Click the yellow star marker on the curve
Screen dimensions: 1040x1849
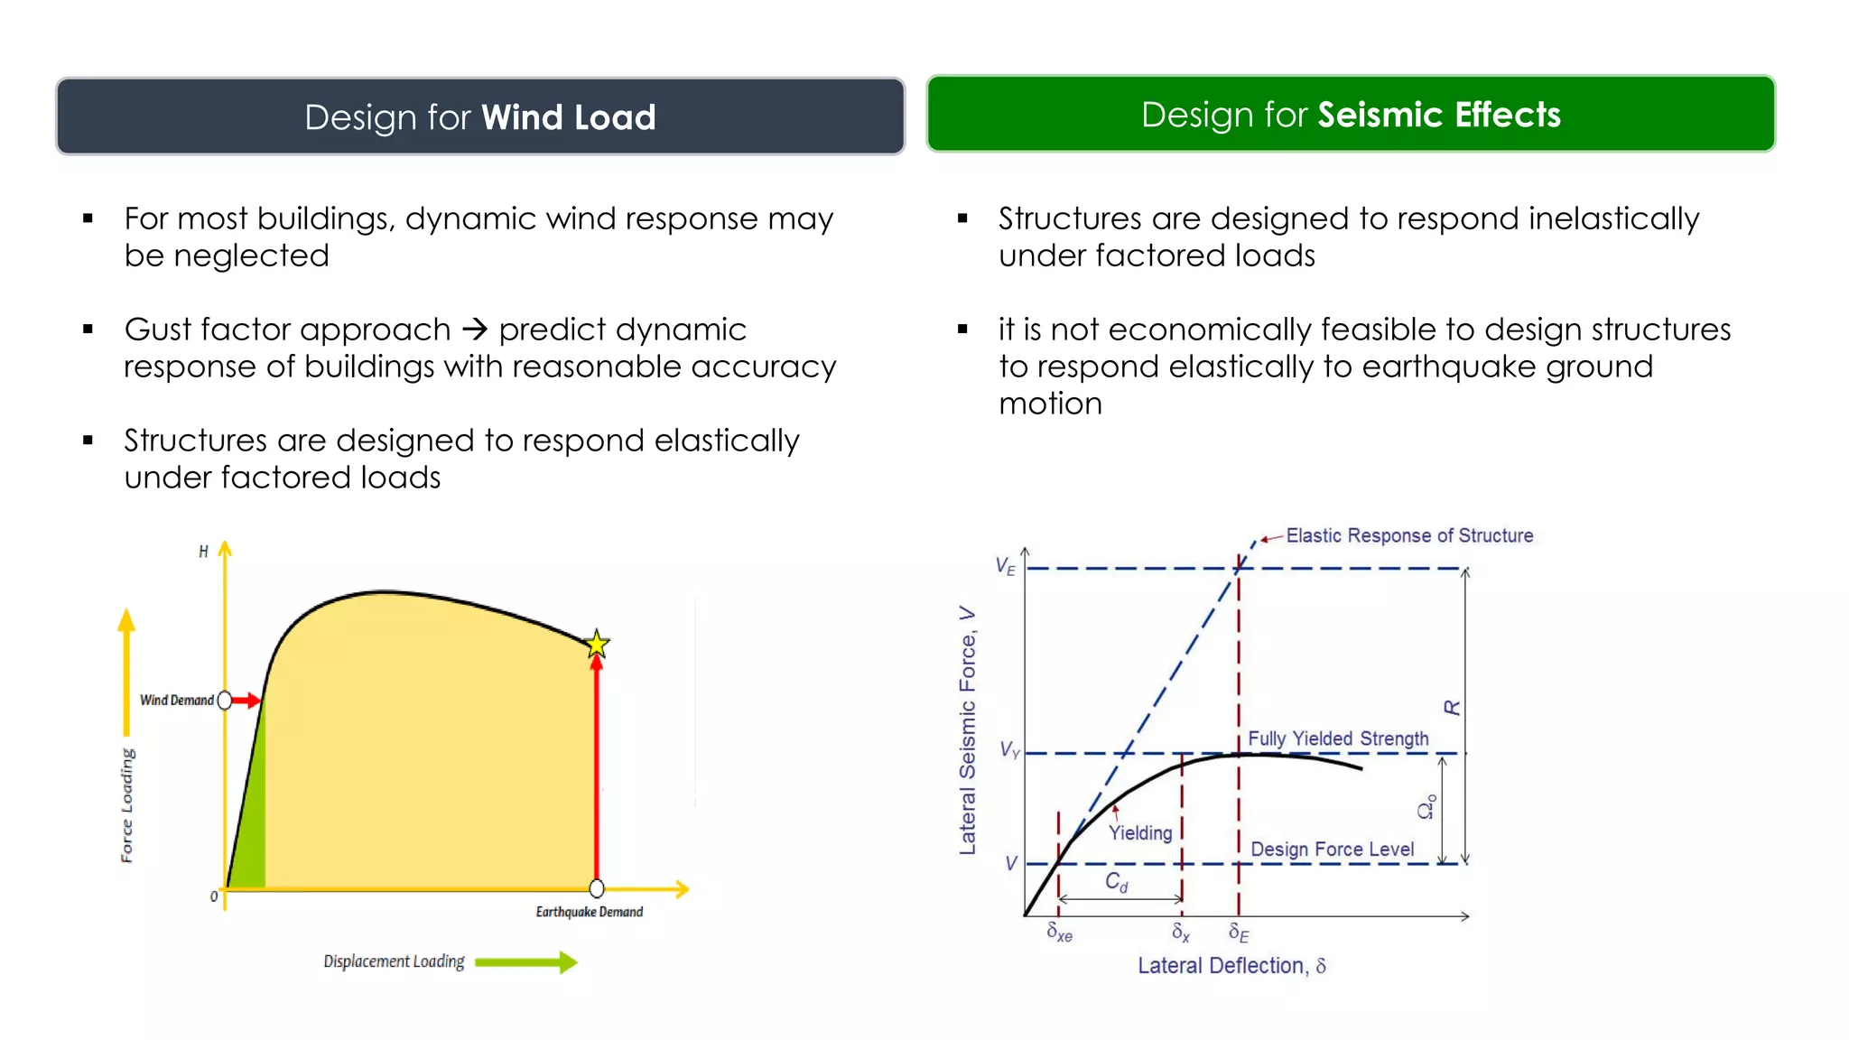point(596,644)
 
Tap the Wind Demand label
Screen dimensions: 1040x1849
point(177,701)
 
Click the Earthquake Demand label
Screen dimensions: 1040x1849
point(589,912)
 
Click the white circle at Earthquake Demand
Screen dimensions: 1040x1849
point(596,888)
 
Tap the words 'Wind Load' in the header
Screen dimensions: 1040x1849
point(568,117)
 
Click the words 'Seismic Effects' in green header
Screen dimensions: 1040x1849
point(1438,115)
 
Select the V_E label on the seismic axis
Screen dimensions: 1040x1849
point(1005,566)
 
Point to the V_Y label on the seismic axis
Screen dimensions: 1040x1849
point(1009,750)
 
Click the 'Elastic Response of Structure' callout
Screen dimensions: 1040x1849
point(1408,535)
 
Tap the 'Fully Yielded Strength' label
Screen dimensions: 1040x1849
point(1337,738)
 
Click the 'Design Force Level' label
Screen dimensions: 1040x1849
point(1332,850)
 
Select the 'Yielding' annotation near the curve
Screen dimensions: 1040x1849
point(1139,833)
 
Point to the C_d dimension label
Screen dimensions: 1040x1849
point(1116,882)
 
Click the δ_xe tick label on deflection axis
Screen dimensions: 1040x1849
point(1059,933)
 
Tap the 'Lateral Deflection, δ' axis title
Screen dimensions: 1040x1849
point(1231,966)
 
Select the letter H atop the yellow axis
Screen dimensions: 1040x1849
point(203,551)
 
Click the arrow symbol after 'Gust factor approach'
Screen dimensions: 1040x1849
point(474,330)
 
